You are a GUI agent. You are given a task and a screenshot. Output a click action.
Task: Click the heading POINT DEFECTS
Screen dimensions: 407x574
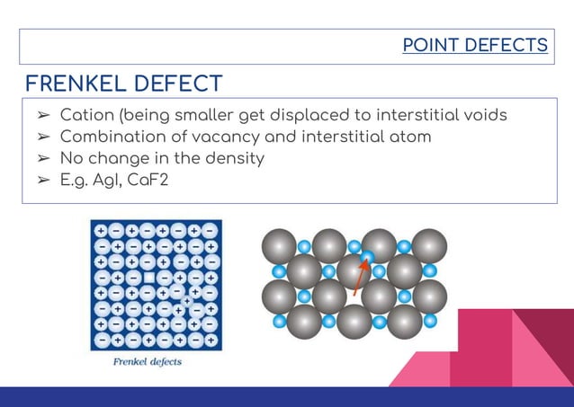point(474,44)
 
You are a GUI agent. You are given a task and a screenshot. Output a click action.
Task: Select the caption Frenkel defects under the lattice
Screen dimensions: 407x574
point(148,362)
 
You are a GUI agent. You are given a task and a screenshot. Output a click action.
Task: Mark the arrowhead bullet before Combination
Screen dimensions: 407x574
point(42,137)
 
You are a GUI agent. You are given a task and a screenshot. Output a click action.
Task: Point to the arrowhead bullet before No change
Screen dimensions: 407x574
point(42,159)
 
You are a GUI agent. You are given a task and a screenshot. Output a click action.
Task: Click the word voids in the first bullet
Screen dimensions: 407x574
point(482,116)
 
